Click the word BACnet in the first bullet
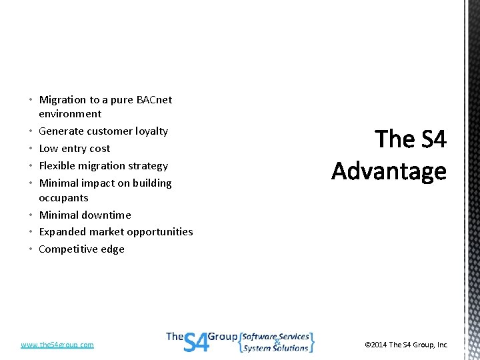[x=154, y=100]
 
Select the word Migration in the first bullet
[x=63, y=100]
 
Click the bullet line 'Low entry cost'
[x=75, y=149]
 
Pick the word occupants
[x=63, y=198]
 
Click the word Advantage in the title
[x=389, y=171]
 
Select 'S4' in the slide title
[x=433, y=139]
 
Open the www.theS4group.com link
[x=57, y=345]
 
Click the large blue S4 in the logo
[x=195, y=341]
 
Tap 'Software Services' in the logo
[x=277, y=337]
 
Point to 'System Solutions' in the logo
[x=275, y=348]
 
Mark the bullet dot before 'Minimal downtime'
[x=32, y=215]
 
